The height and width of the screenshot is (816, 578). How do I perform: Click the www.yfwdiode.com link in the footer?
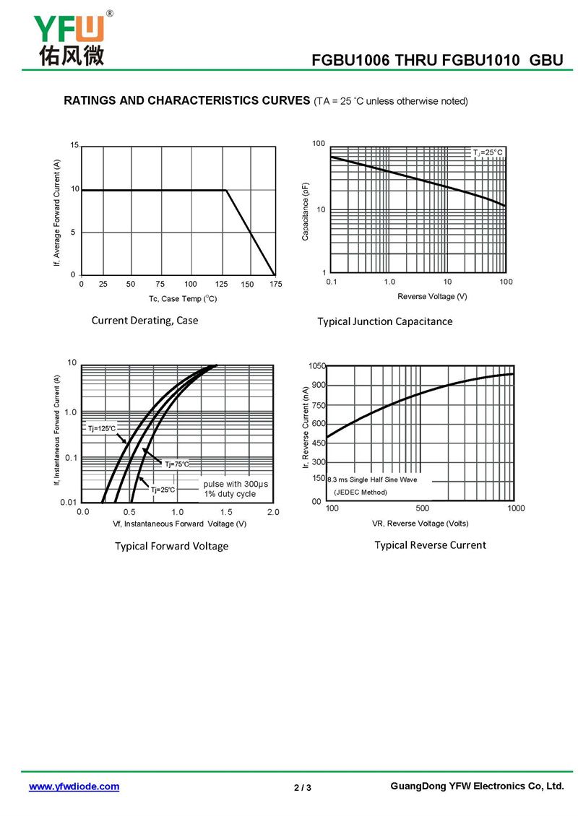click(x=74, y=786)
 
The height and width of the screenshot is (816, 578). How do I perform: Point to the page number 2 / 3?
click(x=303, y=787)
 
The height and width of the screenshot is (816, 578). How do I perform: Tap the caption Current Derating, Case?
click(x=144, y=320)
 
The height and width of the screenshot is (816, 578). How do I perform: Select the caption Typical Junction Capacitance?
click(x=385, y=321)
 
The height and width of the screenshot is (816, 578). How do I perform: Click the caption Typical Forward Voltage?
click(x=171, y=546)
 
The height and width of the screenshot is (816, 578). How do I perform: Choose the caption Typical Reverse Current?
click(x=430, y=544)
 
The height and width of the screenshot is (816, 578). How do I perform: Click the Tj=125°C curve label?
click(x=101, y=429)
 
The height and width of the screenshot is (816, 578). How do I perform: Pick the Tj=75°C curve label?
click(x=176, y=464)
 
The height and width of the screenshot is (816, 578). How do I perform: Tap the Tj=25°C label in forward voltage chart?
click(x=163, y=490)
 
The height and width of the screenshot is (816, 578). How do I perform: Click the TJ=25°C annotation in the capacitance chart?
click(x=488, y=152)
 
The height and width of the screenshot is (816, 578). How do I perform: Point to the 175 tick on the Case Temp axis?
click(x=275, y=285)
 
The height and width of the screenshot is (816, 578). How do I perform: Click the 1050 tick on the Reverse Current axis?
click(x=318, y=367)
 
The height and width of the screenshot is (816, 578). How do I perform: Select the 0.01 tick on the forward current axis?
click(x=68, y=502)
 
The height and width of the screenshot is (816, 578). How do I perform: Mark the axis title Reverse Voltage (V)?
click(x=432, y=297)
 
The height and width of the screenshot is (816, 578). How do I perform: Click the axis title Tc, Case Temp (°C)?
click(x=183, y=298)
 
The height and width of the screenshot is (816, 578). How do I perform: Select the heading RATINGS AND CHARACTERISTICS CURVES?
click(x=186, y=100)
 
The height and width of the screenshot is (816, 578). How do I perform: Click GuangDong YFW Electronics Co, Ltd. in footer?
click(x=475, y=786)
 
